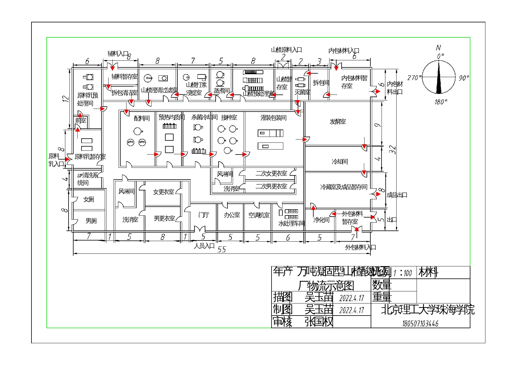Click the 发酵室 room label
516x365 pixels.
337,121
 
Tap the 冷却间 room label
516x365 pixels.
340,161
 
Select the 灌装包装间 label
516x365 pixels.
273,118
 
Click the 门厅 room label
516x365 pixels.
204,215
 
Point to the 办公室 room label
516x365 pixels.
232,215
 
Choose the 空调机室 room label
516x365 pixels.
259,215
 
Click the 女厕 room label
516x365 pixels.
89,199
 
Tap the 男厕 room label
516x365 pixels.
91,221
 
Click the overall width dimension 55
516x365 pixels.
222,249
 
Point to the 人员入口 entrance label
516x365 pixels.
204,245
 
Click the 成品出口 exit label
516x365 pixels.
397,195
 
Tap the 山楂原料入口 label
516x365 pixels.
286,50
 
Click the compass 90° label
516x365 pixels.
464,78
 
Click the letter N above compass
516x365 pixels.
438,47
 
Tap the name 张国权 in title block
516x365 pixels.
319,321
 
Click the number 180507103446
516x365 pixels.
420,324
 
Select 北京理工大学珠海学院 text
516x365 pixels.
427,310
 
